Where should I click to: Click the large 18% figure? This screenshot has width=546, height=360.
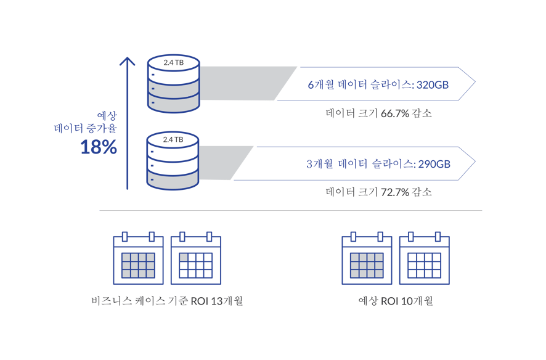click(99, 147)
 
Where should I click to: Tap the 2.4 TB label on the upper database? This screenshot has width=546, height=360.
click(173, 63)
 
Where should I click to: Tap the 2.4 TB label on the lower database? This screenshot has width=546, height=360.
click(173, 140)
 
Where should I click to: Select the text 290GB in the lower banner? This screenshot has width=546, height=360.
click(434, 165)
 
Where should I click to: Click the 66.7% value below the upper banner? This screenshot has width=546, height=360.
click(396, 113)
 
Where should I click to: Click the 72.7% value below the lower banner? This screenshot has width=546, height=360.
click(396, 192)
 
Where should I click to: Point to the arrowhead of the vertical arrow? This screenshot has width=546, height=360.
click(127, 61)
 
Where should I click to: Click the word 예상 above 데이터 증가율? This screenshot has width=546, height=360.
click(107, 115)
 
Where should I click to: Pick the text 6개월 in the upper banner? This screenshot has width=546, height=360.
click(320, 84)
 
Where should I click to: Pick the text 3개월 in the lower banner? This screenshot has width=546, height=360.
click(319, 165)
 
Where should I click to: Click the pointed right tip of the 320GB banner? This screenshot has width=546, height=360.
click(475, 83)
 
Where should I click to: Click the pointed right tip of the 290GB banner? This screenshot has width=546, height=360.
click(475, 163)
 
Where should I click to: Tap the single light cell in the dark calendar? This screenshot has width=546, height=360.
click(183, 257)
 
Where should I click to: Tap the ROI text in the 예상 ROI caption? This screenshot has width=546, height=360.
click(391, 301)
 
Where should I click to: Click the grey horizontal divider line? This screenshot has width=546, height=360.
click(291, 211)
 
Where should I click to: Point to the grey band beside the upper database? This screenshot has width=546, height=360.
click(243, 83)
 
